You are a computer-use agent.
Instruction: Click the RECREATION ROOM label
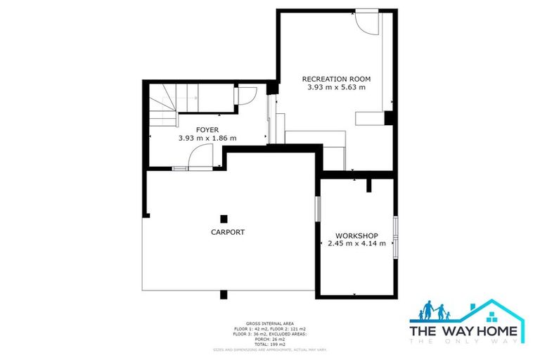pyautogui.click(x=336, y=79)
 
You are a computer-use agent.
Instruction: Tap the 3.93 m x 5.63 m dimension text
pyautogui.click(x=336, y=88)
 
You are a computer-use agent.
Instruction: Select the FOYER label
pyautogui.click(x=207, y=129)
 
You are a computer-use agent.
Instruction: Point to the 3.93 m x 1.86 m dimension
pyautogui.click(x=207, y=139)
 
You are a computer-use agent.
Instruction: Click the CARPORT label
pyautogui.click(x=228, y=232)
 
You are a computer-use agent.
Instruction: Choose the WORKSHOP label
pyautogui.click(x=357, y=236)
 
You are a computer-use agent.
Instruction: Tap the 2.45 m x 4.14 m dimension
pyautogui.click(x=357, y=245)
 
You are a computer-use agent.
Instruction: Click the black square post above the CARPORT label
pyautogui.click(x=224, y=218)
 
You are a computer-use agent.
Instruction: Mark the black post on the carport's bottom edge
pyautogui.click(x=224, y=295)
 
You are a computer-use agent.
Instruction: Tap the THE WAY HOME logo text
pyautogui.click(x=464, y=330)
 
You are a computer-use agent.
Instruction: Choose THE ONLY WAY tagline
pyautogui.click(x=464, y=341)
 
